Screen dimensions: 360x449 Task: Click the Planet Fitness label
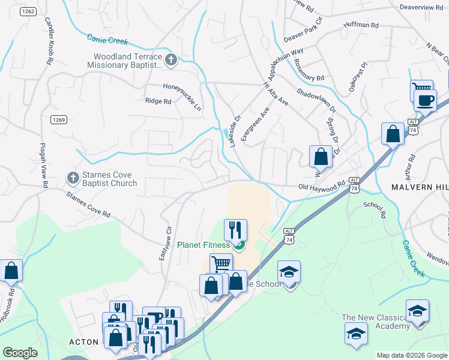[203, 245]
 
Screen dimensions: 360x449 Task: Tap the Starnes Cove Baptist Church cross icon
[73, 178]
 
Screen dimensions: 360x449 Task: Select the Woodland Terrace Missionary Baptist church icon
[171, 59]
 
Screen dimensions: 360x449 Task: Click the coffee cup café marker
[425, 101]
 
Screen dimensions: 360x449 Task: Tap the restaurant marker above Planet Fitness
[235, 230]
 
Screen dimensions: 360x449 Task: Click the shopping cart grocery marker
[221, 263]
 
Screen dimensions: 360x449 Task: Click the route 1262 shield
[27, 12]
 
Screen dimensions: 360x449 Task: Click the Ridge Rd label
[158, 101]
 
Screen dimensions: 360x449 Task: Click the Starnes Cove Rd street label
[89, 205]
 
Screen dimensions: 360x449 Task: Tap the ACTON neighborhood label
[83, 341]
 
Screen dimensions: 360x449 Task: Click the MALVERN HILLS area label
[420, 188]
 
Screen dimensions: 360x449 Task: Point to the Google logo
[21, 353]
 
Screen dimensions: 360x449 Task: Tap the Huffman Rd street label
[361, 26]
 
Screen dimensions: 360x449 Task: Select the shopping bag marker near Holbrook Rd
[11, 271]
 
